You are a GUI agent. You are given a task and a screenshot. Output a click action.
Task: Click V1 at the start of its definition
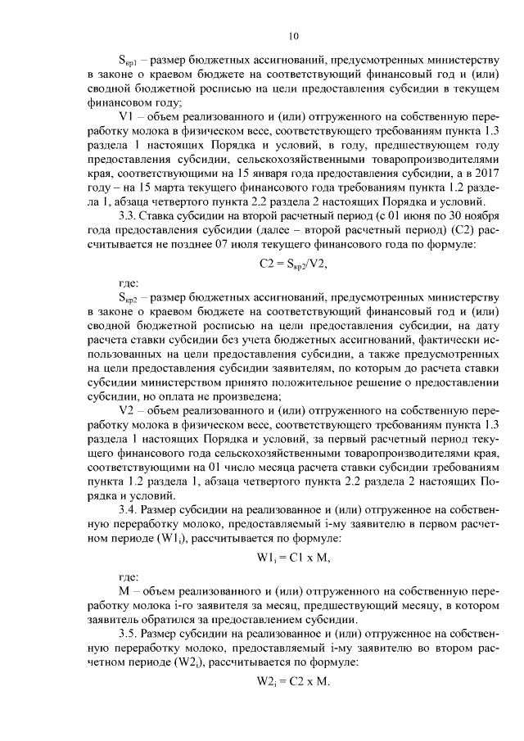coord(127,119)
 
